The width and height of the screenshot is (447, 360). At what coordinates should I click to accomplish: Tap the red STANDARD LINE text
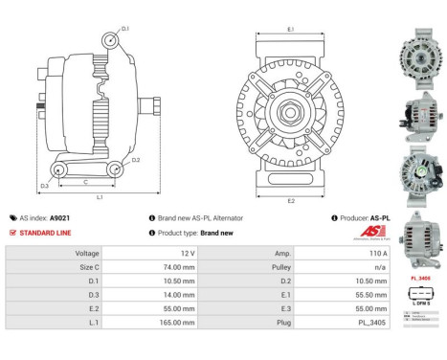click(48, 233)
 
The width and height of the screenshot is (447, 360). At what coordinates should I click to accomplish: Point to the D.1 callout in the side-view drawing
click(124, 30)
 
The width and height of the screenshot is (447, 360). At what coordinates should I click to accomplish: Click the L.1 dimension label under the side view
click(100, 196)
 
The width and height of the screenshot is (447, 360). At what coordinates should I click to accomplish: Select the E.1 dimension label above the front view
click(289, 30)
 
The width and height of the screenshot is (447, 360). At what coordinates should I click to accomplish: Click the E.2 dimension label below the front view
click(289, 200)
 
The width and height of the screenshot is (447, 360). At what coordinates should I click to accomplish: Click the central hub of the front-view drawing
click(289, 115)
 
